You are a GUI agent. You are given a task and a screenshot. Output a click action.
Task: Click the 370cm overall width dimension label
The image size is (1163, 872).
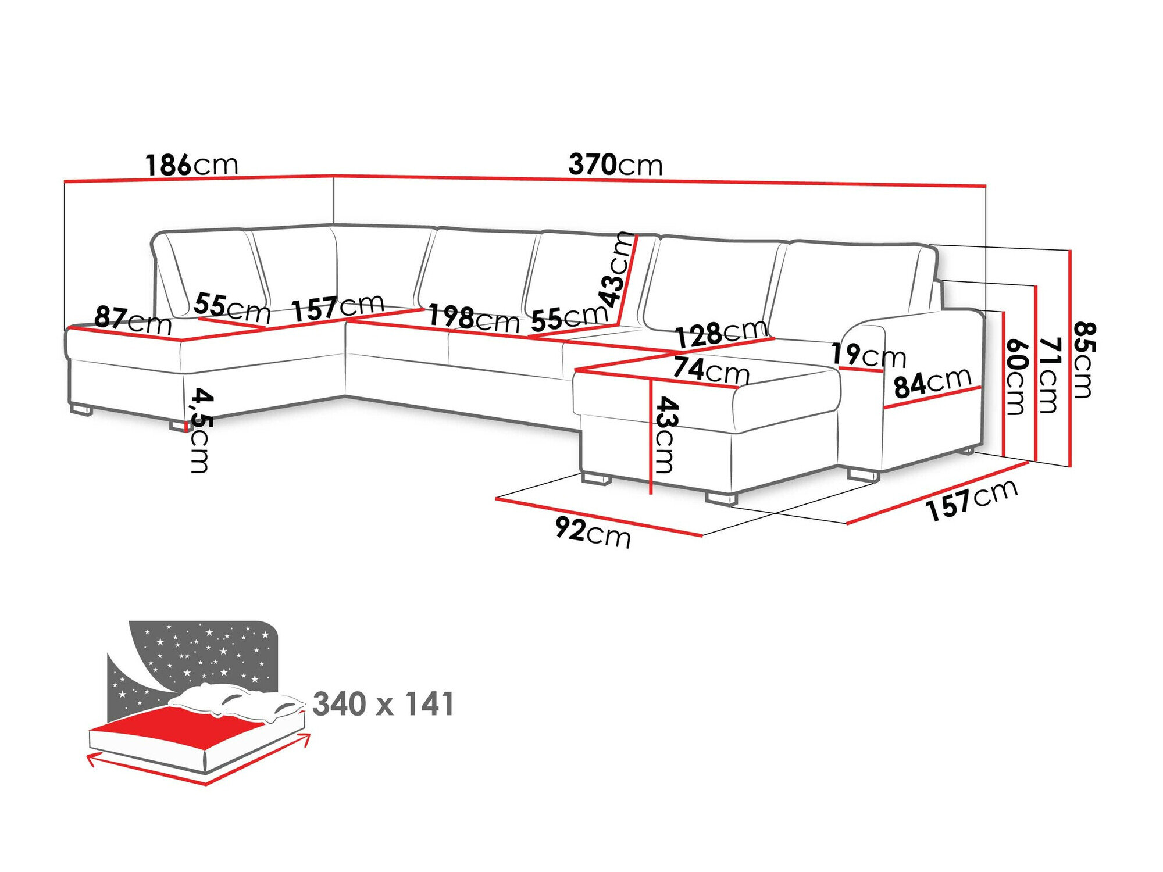615,165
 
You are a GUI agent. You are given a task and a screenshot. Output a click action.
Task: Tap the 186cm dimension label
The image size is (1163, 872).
191,165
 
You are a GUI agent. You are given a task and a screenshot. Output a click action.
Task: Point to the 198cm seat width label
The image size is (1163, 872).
473,319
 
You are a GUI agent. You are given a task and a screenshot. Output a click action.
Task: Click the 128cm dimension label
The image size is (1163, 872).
720,333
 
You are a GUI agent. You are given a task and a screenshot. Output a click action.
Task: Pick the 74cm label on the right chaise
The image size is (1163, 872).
711,370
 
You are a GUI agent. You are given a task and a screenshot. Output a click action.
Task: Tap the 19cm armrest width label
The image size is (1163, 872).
868,355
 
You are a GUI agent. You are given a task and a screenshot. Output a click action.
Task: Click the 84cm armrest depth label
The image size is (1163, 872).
932,383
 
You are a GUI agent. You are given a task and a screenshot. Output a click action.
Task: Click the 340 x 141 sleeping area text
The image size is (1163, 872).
383,704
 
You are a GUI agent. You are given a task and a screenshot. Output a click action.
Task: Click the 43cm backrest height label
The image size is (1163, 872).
618,269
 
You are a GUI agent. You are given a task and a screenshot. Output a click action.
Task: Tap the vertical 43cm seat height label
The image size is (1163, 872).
665,434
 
